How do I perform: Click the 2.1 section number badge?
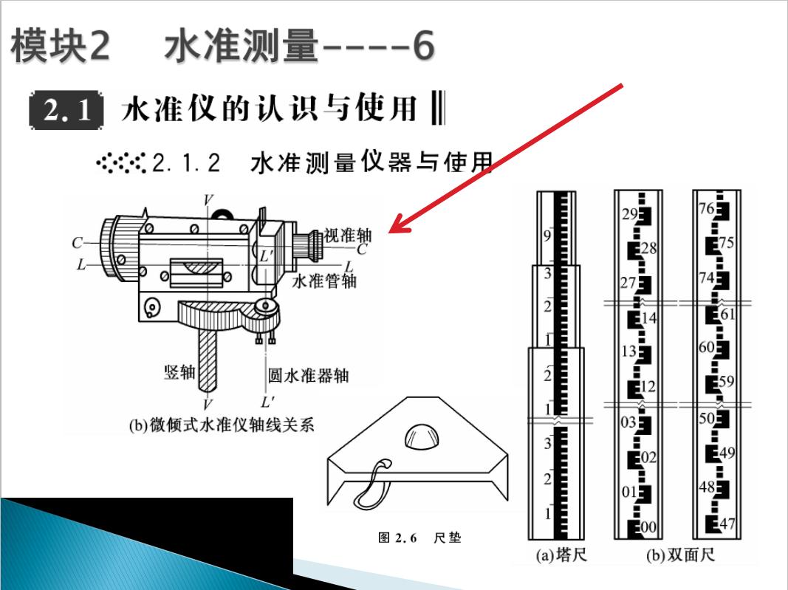pos(67,110)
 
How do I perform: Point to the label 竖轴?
pos(179,371)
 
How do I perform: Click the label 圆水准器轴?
pos(308,376)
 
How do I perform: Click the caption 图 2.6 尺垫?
pos(419,538)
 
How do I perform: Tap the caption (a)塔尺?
pos(561,554)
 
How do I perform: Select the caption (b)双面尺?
pos(680,554)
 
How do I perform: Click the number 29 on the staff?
pos(629,215)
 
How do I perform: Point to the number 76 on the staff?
pos(706,208)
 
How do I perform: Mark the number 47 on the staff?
pos(727,524)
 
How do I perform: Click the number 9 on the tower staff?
pos(547,236)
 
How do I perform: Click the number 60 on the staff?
pos(706,347)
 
